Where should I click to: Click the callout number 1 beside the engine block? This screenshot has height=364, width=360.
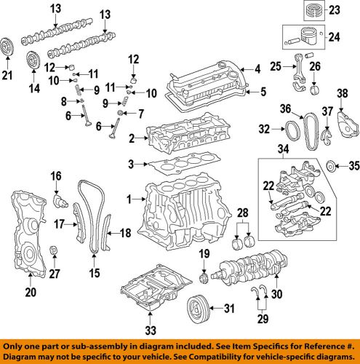click(131, 198)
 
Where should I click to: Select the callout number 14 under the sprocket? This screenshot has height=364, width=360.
click(32, 89)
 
